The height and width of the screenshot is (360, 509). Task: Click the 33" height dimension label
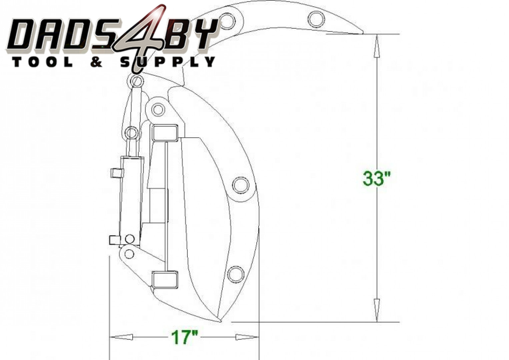376,178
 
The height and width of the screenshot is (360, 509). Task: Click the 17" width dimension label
184,337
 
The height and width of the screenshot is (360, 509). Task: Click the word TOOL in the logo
42,62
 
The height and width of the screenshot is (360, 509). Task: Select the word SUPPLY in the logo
168,62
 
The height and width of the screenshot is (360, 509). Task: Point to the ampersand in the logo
96,62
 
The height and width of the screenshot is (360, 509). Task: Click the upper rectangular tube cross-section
165,133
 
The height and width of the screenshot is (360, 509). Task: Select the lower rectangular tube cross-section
165,279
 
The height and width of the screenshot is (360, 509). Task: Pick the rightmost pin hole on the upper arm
315,19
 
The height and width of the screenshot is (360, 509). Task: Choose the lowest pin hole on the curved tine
236,274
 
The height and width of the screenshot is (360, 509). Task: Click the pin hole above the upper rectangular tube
158,109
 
